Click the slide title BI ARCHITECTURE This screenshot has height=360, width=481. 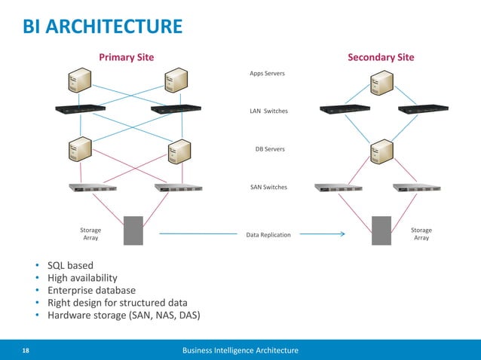103,27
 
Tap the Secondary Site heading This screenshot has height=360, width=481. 380,57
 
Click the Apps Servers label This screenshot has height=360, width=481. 267,74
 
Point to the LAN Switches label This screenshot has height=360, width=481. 268,111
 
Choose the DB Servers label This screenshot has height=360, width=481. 270,149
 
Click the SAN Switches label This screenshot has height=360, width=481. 268,186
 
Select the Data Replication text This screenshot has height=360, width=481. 268,235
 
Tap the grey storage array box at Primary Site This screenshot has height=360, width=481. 133,230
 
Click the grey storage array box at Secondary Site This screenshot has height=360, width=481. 381,230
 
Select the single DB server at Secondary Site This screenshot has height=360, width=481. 381,151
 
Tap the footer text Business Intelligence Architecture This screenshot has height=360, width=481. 240,350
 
